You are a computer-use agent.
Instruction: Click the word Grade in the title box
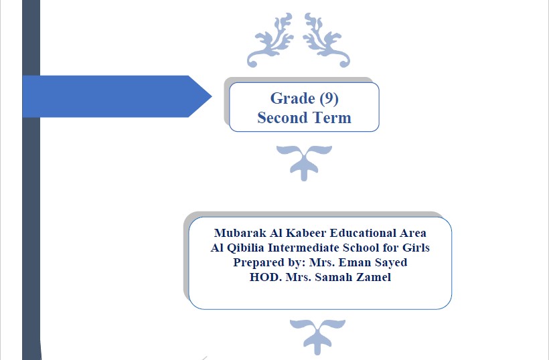tap(293, 98)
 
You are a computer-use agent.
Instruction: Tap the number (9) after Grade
tap(329, 98)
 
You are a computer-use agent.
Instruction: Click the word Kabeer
tap(306, 233)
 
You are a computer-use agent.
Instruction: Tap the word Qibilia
tap(246, 248)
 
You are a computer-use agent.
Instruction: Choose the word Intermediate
tap(303, 248)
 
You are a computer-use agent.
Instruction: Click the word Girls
tap(416, 248)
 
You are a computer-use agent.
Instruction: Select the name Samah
tap(333, 277)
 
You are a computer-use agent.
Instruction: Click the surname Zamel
tap(374, 277)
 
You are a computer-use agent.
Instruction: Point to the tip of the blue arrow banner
tap(212, 96)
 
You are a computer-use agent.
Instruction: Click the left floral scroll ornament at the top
tap(270, 39)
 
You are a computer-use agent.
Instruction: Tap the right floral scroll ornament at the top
tap(327, 39)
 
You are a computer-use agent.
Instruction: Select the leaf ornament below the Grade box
tap(304, 163)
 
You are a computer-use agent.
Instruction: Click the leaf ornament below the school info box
tap(317, 337)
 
